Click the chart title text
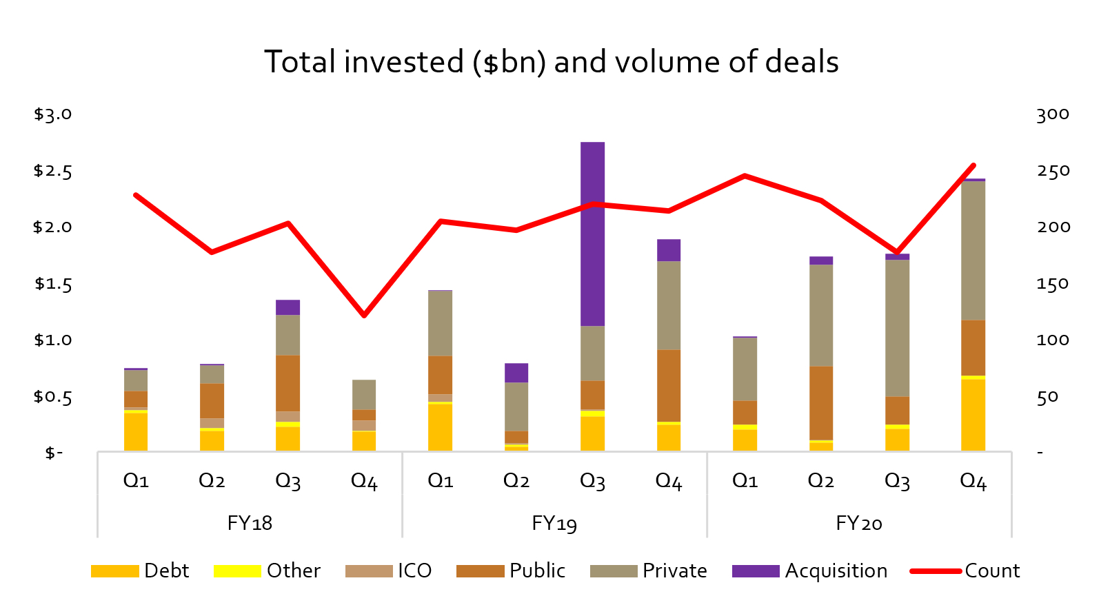pos(552,62)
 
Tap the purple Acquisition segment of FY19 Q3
pos(592,234)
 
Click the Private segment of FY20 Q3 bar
pos(897,328)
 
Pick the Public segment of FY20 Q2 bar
pos(820,402)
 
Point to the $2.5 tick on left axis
pos(53,171)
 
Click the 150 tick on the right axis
pos(1053,284)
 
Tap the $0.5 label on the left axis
pos(53,397)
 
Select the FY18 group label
pos(250,523)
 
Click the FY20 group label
pos(858,523)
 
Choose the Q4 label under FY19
pos(668,481)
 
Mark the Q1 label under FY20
pos(745,481)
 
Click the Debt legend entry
pos(141,571)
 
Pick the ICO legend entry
pos(389,571)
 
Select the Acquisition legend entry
pos(810,571)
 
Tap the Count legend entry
pos(965,571)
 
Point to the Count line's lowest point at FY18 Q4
pos(364,316)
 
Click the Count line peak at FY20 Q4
pos(973,165)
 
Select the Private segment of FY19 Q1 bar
pos(440,323)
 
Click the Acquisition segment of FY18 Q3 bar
pos(287,307)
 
